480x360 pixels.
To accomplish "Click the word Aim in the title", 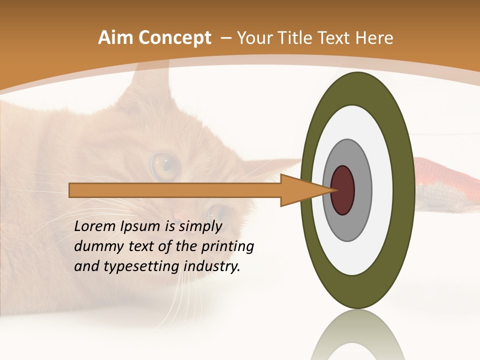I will [x=115, y=38].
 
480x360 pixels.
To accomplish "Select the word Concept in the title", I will [x=173, y=38].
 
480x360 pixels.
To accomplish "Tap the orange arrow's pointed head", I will [x=310, y=190].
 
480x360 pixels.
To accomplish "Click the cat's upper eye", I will [x=165, y=166].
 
